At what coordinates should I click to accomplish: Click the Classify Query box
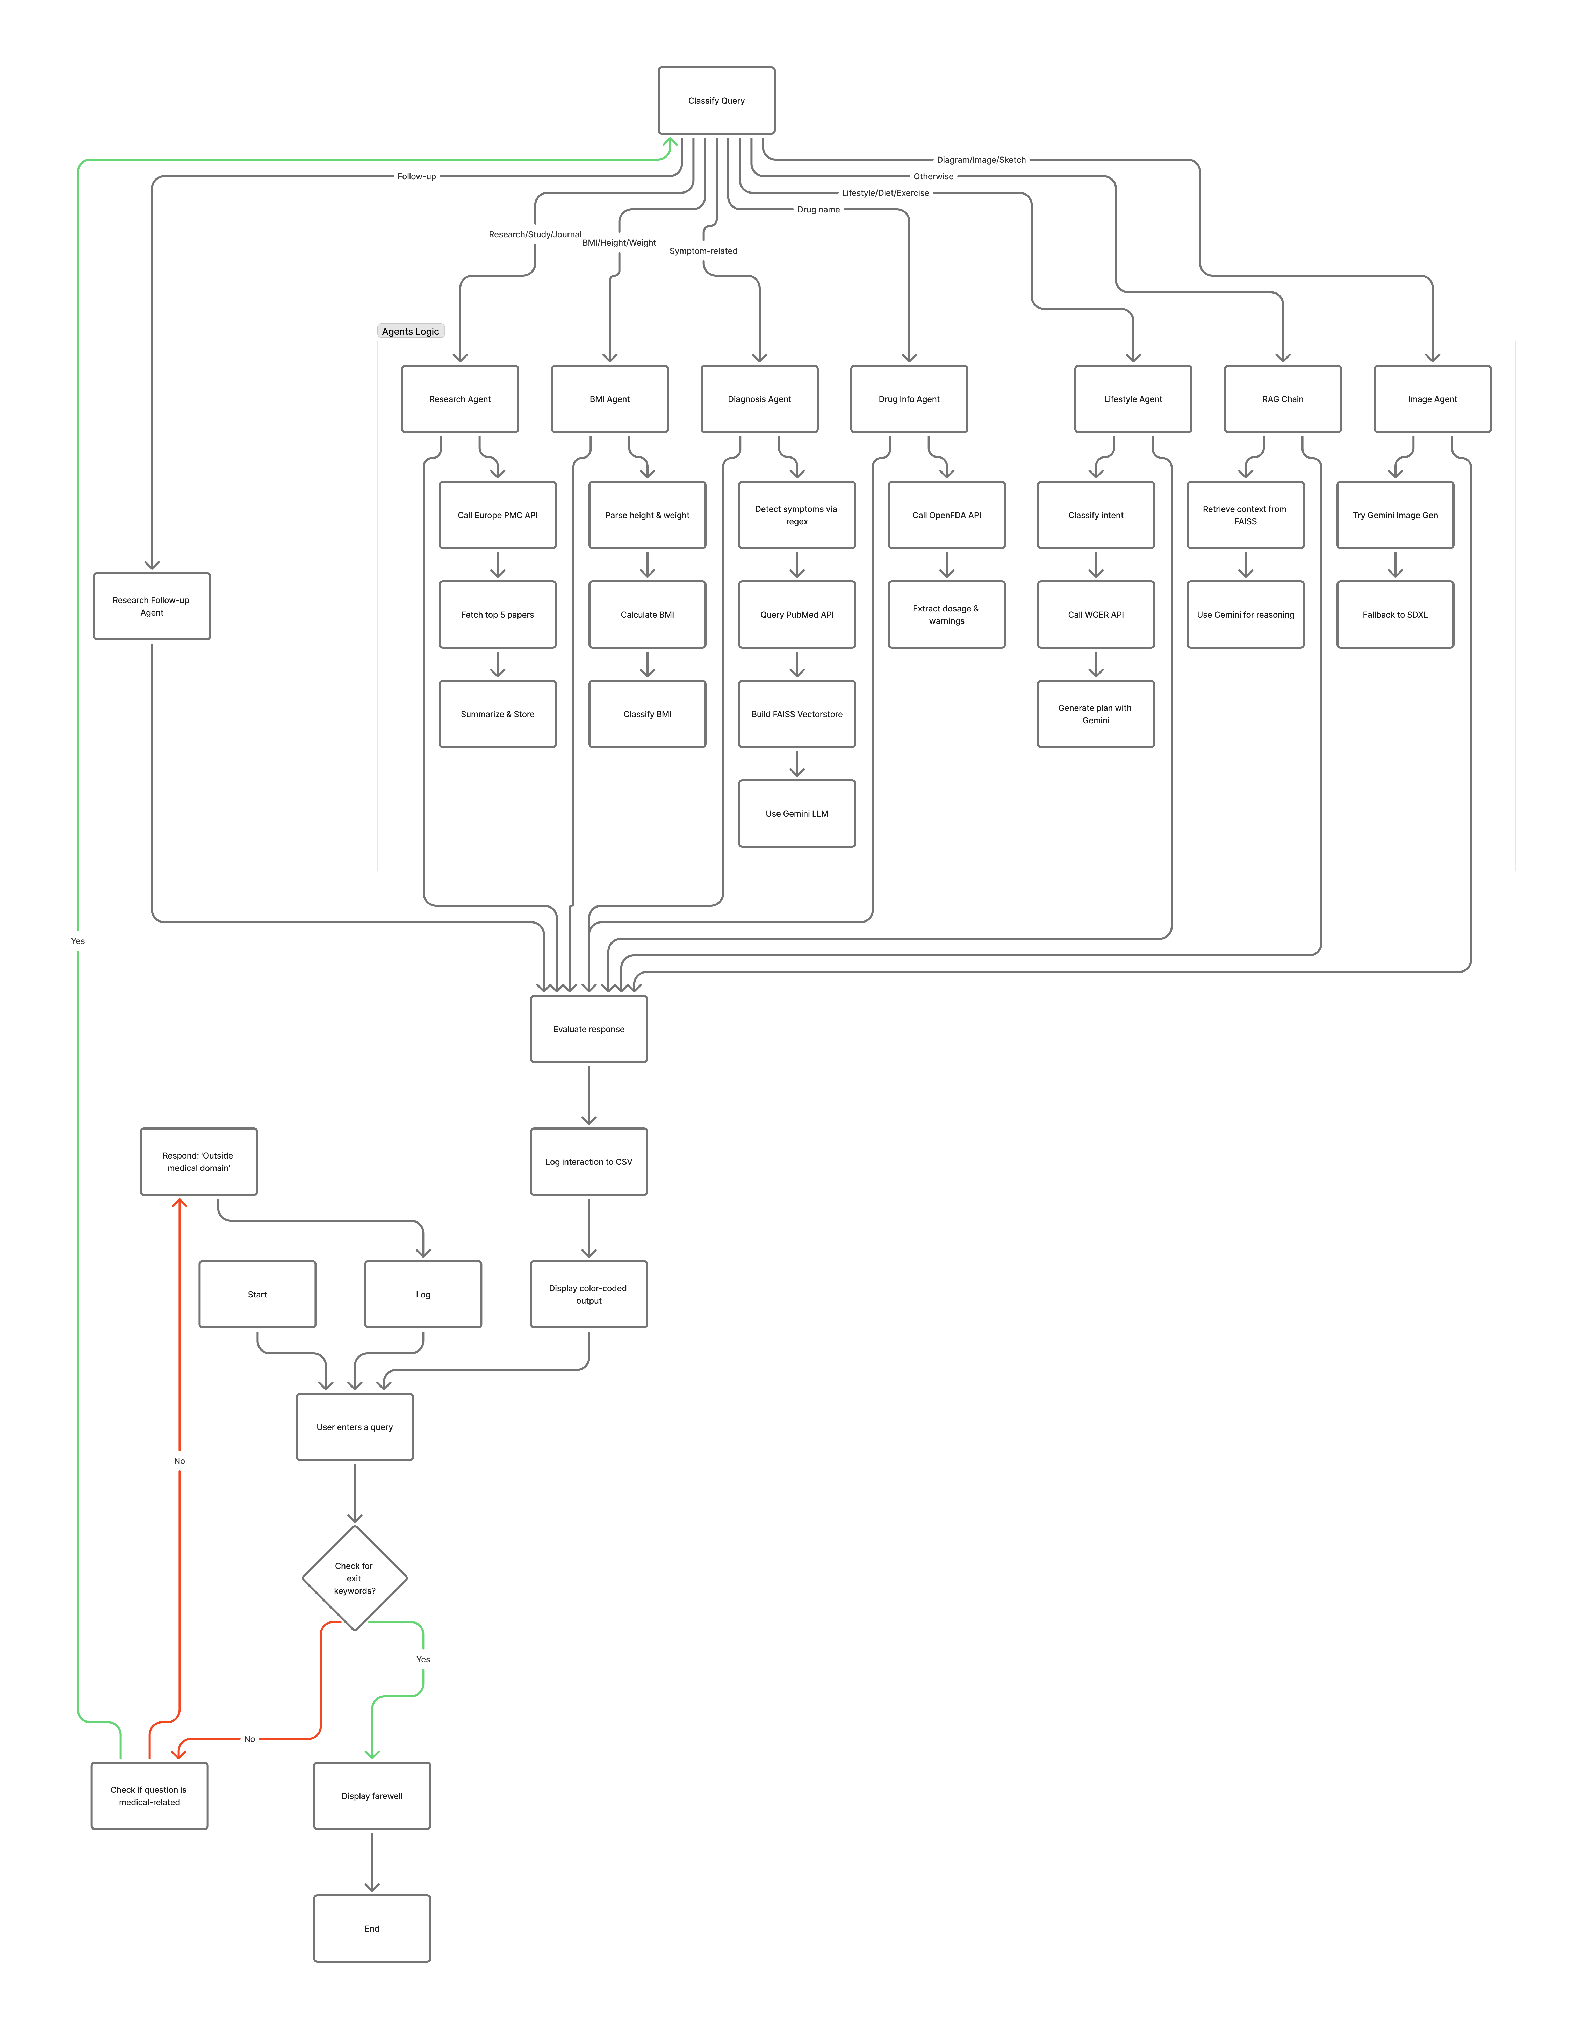click(x=716, y=100)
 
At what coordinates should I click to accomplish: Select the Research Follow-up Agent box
click(x=152, y=606)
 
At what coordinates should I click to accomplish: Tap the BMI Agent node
click(x=609, y=398)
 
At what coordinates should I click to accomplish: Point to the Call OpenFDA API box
click(x=947, y=515)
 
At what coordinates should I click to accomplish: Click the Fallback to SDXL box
click(x=1394, y=614)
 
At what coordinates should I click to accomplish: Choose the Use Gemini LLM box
click(x=796, y=813)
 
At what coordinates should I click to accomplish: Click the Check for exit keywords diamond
click(x=354, y=1577)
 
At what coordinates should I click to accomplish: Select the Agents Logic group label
click(x=411, y=331)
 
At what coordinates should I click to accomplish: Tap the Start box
click(x=257, y=1294)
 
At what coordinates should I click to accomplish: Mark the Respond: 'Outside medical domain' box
click(x=198, y=1161)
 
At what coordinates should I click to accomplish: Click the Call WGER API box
click(x=1095, y=614)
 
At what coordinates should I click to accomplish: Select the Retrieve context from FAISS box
click(x=1245, y=515)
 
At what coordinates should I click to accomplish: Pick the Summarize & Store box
click(x=497, y=713)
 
